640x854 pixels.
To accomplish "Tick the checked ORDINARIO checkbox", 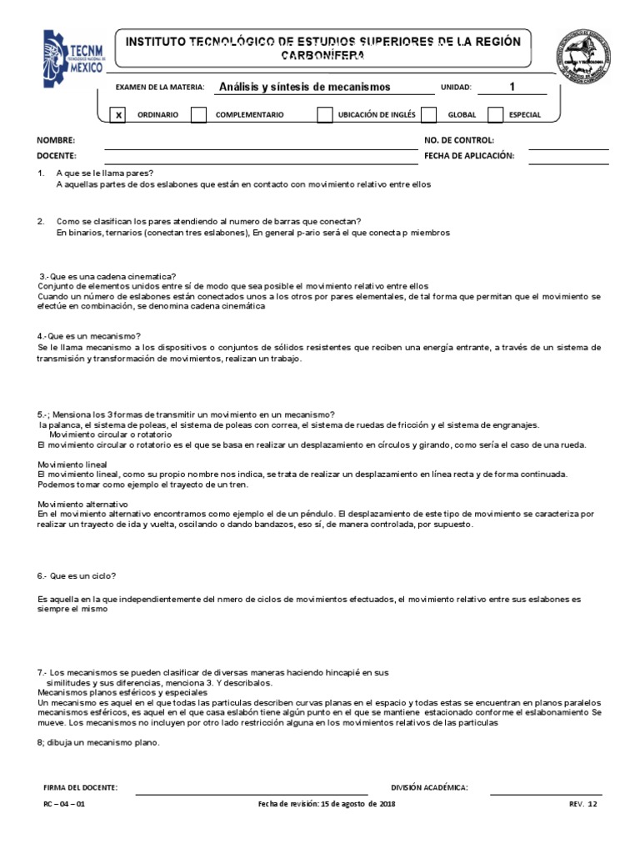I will click(118, 115).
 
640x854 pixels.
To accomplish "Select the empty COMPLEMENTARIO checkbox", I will click(198, 115).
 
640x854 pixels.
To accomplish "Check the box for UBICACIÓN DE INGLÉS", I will click(324, 115).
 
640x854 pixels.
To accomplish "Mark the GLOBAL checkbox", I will click(428, 115).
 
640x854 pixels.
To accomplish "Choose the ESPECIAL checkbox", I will click(495, 115).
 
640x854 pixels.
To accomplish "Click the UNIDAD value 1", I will click(512, 87).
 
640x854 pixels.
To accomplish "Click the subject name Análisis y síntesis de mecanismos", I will click(303, 87).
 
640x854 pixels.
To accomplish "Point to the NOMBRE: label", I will click(56, 141).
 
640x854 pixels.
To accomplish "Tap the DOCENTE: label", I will click(57, 156).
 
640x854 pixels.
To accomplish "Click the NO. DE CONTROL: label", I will click(459, 141).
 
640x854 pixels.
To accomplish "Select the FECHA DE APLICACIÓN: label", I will click(469, 156).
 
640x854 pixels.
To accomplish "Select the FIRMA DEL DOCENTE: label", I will click(80, 787).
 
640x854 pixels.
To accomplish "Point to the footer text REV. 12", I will click(583, 805).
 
